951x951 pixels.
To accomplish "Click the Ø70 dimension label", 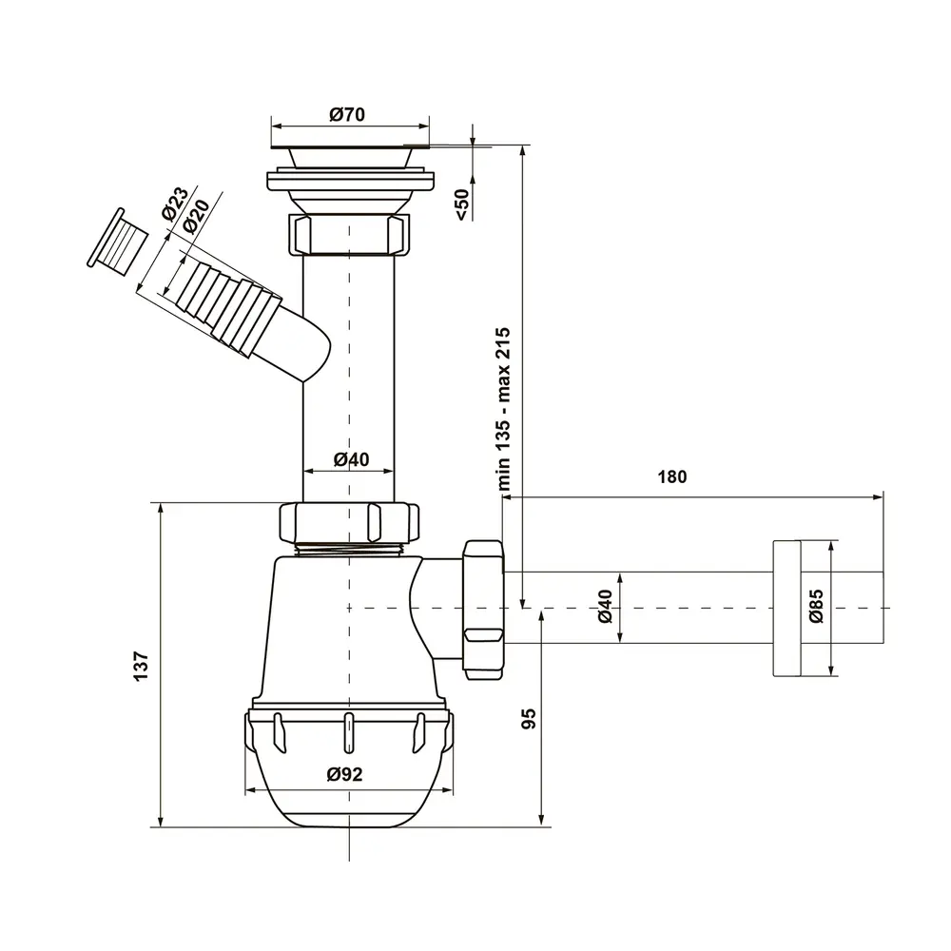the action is [347, 114].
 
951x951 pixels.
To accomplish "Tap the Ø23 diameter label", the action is [175, 204].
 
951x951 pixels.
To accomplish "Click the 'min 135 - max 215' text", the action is [503, 409].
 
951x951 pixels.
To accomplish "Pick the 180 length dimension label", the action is [672, 476].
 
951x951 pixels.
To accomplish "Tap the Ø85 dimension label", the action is [816, 607].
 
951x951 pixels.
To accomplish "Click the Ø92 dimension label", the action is [344, 774].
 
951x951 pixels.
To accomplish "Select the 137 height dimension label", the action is [141, 666].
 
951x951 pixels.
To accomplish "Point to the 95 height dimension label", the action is [529, 718].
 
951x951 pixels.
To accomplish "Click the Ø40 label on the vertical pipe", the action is [351, 459].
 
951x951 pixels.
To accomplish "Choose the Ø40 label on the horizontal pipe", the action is [605, 607].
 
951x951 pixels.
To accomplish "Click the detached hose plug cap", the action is [118, 243].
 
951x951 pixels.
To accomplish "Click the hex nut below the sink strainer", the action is [347, 234].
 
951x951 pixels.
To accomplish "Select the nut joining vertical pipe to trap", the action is [349, 521].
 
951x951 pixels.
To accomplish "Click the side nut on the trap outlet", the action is [483, 609].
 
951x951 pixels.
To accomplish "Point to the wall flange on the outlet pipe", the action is [786, 608].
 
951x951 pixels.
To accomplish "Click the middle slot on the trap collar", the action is [349, 733].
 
